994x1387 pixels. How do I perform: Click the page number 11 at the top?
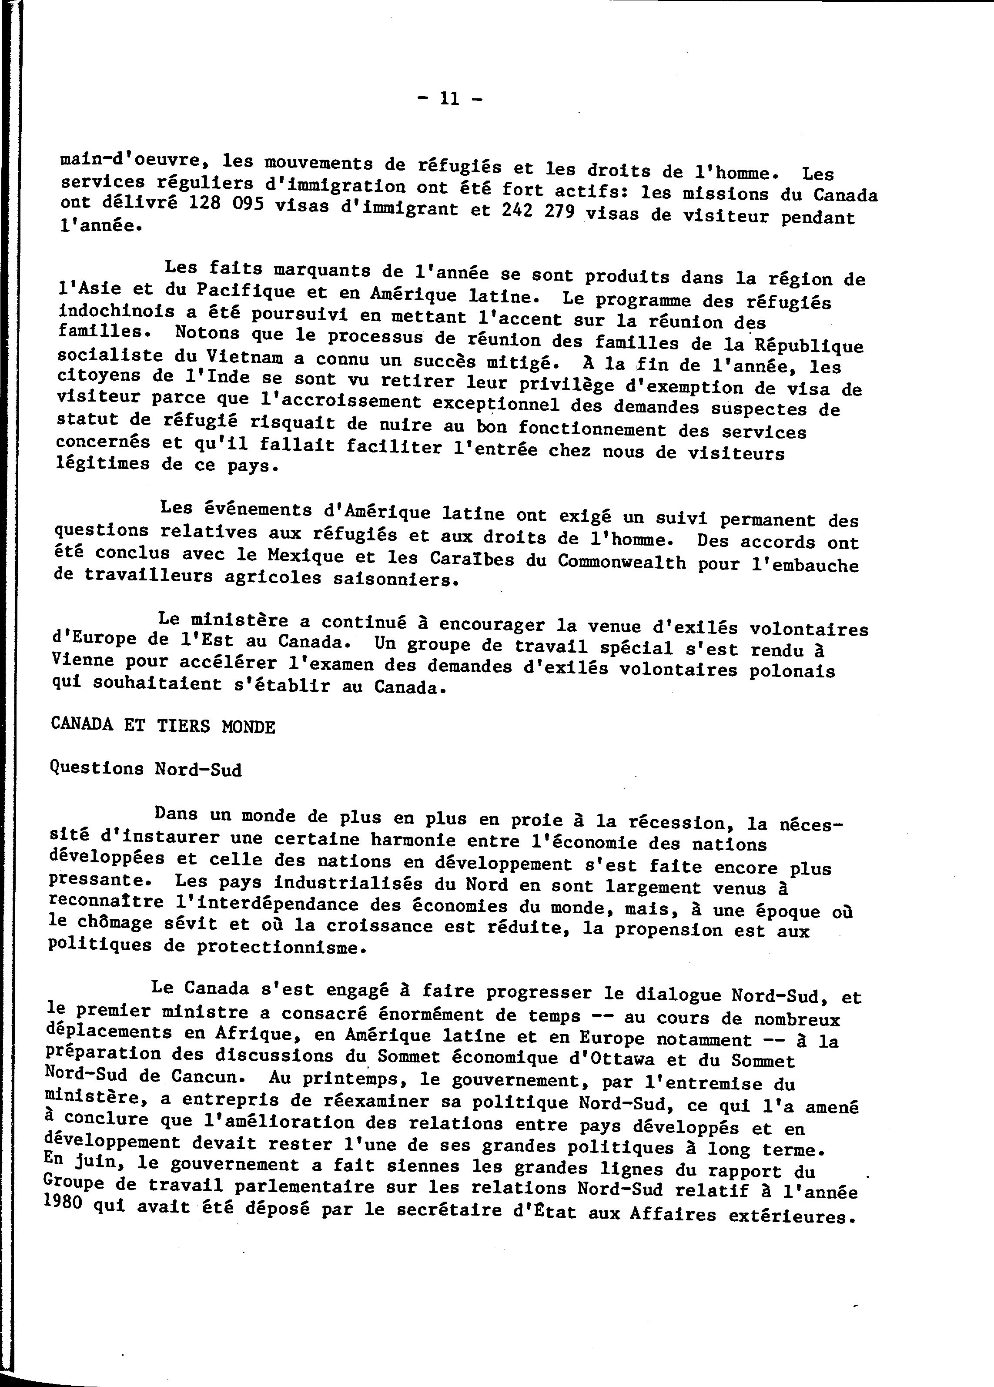[x=449, y=100]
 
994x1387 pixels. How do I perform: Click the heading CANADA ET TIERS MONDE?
[x=163, y=725]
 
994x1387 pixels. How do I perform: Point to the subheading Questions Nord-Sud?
[x=145, y=769]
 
